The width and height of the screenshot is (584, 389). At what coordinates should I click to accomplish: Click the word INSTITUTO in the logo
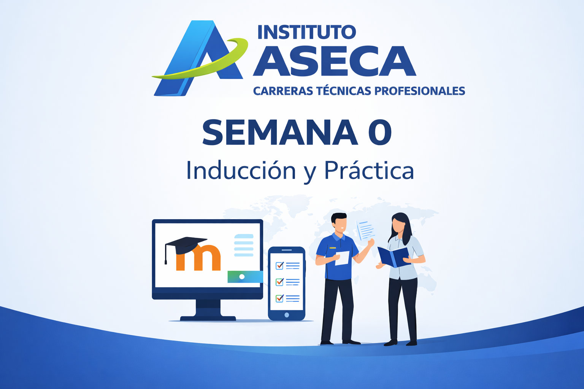pos(306,32)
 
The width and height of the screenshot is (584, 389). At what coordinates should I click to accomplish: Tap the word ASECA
pos(335,61)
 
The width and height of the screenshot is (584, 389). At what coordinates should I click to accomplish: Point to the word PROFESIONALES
pos(420,91)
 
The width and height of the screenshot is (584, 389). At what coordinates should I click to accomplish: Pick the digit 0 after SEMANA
pos(380,132)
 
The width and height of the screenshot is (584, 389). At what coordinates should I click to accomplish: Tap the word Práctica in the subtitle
pos(369,170)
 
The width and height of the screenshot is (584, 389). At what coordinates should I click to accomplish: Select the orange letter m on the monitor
pos(198,258)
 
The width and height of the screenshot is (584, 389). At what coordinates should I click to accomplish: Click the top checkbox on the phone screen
pos(279,266)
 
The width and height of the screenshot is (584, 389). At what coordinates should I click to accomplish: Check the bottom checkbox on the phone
pos(279,298)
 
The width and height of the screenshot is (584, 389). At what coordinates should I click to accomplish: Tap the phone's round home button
pos(287,315)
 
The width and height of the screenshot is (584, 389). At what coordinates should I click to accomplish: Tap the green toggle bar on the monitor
pos(245,277)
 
